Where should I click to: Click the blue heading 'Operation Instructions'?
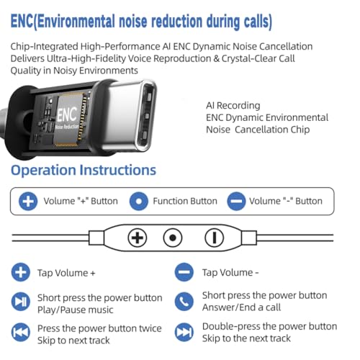pyautogui.click(x=84, y=170)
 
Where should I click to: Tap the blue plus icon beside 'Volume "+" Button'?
pyautogui.click(x=28, y=201)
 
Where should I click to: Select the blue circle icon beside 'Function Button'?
pyautogui.click(x=138, y=201)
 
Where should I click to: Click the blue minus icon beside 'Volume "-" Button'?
pyautogui.click(x=236, y=201)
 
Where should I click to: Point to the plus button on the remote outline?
pyautogui.click(x=138, y=238)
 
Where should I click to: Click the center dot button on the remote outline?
pyautogui.click(x=173, y=238)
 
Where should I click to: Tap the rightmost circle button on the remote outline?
pyautogui.click(x=215, y=238)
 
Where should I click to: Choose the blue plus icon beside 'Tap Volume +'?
pyautogui.click(x=21, y=272)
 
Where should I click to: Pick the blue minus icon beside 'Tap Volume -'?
pyautogui.click(x=184, y=272)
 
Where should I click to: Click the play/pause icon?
pyautogui.click(x=21, y=302)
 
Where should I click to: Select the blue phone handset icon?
pyautogui.click(x=184, y=302)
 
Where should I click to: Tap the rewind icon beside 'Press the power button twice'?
pyautogui.click(x=21, y=333)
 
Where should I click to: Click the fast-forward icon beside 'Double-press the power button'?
pyautogui.click(x=184, y=333)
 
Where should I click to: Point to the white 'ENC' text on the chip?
pyautogui.click(x=67, y=114)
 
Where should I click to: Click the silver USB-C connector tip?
pyautogui.click(x=131, y=116)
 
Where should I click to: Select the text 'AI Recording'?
pyautogui.click(x=233, y=105)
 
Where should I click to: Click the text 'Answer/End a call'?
pyautogui.click(x=241, y=307)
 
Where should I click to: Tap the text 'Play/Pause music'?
pyautogui.click(x=76, y=310)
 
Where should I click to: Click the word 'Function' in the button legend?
pyautogui.click(x=168, y=201)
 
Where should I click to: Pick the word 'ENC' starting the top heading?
pyautogui.click(x=22, y=21)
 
